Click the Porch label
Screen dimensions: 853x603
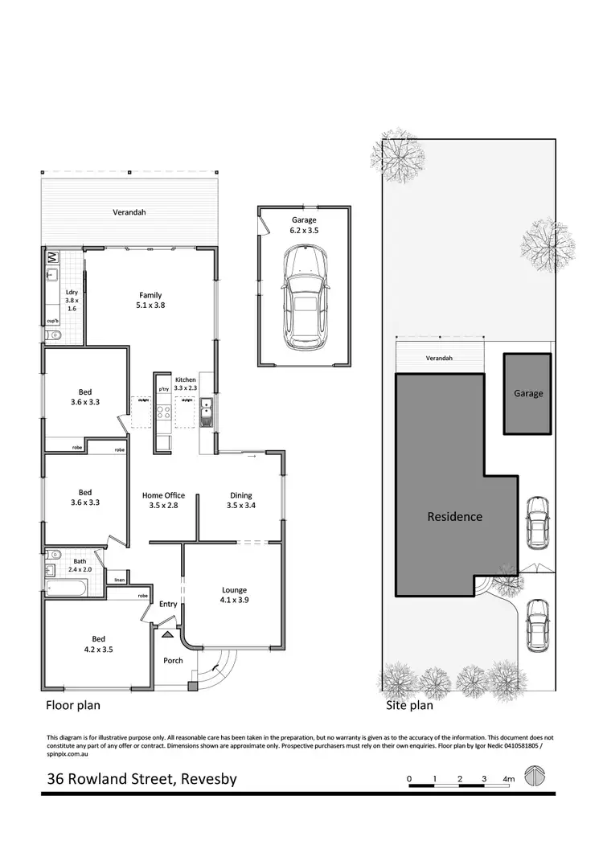point(173,661)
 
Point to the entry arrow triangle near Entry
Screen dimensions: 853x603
point(167,634)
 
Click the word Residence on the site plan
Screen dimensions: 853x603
point(454,517)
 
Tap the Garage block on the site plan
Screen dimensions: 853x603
point(527,393)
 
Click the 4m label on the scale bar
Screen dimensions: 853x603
point(508,779)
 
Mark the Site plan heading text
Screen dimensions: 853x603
point(409,706)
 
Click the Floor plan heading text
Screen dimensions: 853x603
point(72,706)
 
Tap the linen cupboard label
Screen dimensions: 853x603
point(119,580)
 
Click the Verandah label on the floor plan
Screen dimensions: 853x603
point(129,213)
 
